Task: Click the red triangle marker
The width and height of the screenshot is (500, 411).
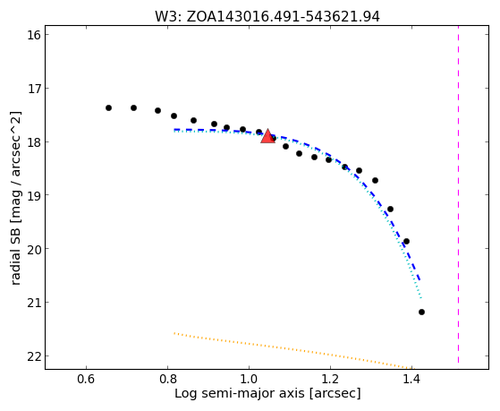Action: (x=267, y=136)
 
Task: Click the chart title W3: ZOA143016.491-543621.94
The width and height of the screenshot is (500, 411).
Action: (x=267, y=17)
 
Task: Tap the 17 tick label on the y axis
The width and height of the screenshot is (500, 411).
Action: (x=34, y=88)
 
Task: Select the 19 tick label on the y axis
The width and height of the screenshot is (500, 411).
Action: (x=34, y=195)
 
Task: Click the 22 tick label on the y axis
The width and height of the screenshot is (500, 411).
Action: (x=34, y=356)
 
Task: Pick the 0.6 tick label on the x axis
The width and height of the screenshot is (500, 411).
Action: (x=86, y=380)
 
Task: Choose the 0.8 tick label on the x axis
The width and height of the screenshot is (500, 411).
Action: (x=167, y=380)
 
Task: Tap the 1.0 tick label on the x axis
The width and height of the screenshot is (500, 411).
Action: (x=249, y=380)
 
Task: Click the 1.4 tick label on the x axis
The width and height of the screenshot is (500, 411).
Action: (x=412, y=380)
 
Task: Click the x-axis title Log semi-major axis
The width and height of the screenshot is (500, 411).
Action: (x=240, y=393)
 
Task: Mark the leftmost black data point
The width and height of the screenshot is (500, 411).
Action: (x=108, y=108)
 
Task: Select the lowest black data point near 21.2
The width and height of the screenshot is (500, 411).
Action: (x=421, y=312)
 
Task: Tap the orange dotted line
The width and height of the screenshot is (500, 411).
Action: (x=292, y=351)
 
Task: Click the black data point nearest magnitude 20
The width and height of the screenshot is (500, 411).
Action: (x=406, y=242)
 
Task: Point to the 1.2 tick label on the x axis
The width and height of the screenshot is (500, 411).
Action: (x=330, y=380)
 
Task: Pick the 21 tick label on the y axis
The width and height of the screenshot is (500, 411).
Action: (x=34, y=303)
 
